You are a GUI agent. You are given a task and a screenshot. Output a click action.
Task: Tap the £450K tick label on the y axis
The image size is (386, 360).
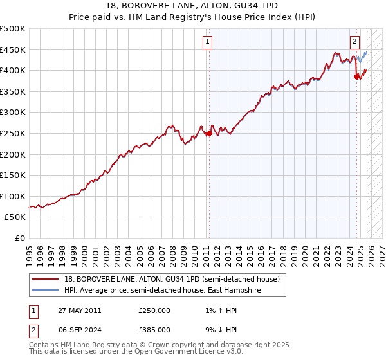click(13, 50)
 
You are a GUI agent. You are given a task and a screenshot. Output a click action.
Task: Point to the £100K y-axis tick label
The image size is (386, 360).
click(13, 196)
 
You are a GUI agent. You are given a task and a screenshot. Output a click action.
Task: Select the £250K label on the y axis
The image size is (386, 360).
click(13, 133)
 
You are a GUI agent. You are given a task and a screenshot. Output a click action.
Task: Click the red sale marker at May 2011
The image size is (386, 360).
click(208, 134)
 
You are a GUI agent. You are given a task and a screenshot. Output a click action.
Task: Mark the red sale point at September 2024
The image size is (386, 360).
click(356, 77)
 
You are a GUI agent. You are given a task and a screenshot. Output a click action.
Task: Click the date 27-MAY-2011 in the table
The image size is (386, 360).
click(79, 310)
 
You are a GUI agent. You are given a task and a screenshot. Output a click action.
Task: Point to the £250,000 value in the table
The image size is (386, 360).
click(154, 310)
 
